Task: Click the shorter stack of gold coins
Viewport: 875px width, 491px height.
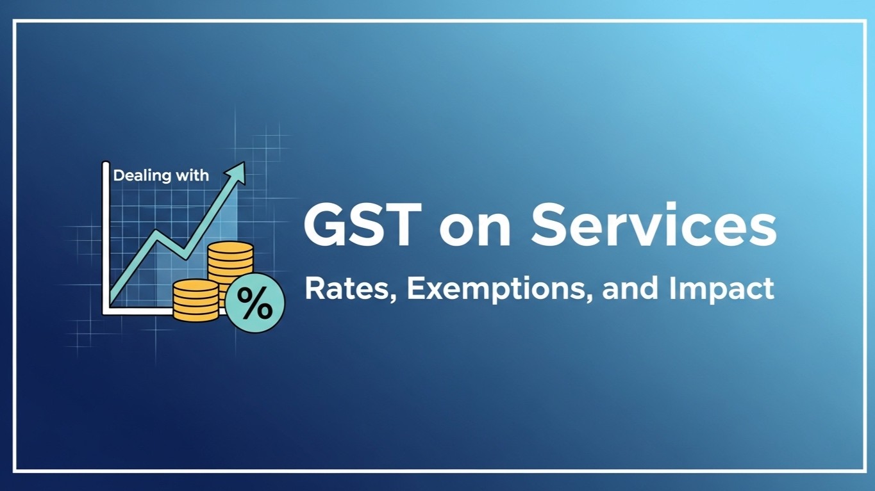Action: click(x=196, y=300)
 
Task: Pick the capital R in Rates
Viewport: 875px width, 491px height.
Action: click(x=313, y=289)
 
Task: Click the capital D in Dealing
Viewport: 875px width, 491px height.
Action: click(x=118, y=175)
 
